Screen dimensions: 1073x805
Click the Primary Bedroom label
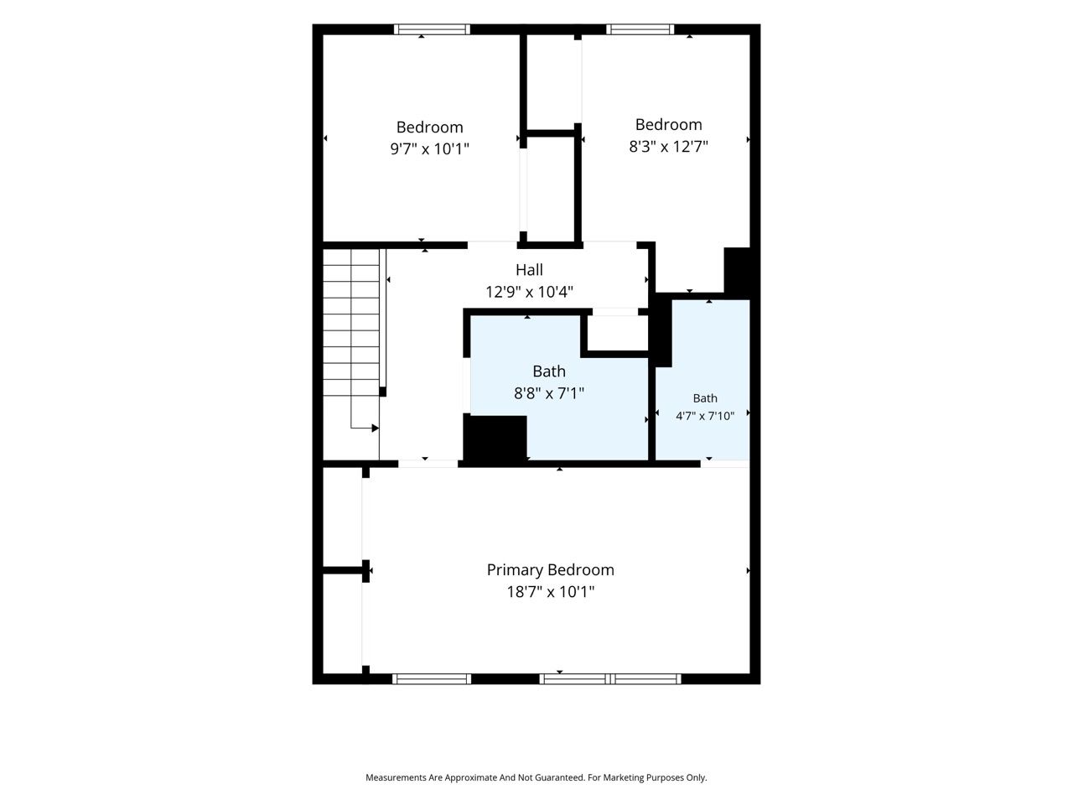550,570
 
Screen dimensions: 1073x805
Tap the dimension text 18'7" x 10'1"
551,592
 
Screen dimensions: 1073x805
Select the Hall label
529,270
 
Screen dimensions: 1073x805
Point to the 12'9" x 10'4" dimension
529,292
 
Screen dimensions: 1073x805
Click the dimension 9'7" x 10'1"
429,148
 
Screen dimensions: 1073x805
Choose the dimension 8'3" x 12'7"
668,146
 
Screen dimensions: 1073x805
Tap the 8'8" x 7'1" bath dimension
549,393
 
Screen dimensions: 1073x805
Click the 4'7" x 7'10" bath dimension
705,416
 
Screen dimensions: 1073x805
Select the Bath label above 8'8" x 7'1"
549,371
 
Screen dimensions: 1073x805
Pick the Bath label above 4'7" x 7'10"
705,398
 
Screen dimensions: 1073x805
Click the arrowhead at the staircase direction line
375,428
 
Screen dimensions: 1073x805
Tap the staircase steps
351,323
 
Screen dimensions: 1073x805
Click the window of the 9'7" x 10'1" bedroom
432,29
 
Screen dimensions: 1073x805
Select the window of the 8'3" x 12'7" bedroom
640,29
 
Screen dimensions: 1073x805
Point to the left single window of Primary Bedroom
432,679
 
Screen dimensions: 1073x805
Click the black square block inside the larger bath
495,438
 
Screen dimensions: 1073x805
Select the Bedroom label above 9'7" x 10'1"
429,127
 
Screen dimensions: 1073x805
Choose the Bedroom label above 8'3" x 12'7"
668,125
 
